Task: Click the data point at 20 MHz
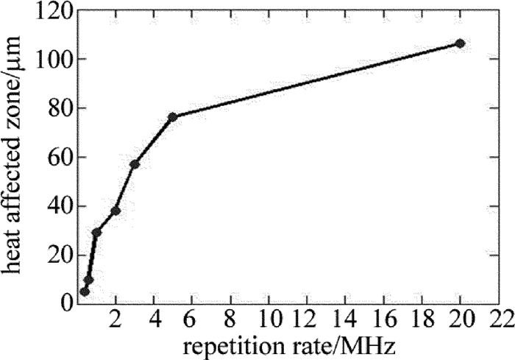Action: click(460, 43)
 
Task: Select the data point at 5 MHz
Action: click(173, 117)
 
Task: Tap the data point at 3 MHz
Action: click(135, 163)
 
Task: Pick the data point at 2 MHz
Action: click(116, 211)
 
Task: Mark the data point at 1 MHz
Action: click(96, 233)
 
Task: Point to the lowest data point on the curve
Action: click(85, 292)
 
